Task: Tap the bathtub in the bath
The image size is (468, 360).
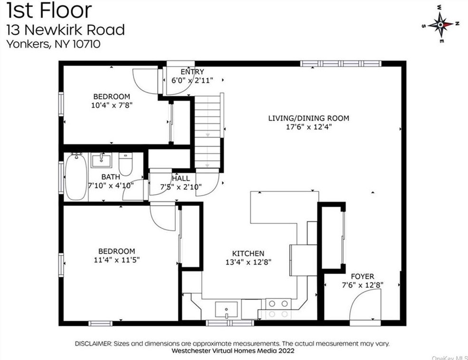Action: [76, 177]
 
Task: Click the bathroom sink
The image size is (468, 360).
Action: [101, 161]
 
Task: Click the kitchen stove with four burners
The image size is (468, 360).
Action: [277, 308]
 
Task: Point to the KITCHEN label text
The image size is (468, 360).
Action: [248, 254]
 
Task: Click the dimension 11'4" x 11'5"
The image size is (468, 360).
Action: [116, 259]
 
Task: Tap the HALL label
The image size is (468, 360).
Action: [181, 178]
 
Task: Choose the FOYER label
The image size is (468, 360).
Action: [362, 276]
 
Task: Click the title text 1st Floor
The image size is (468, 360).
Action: [49, 10]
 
